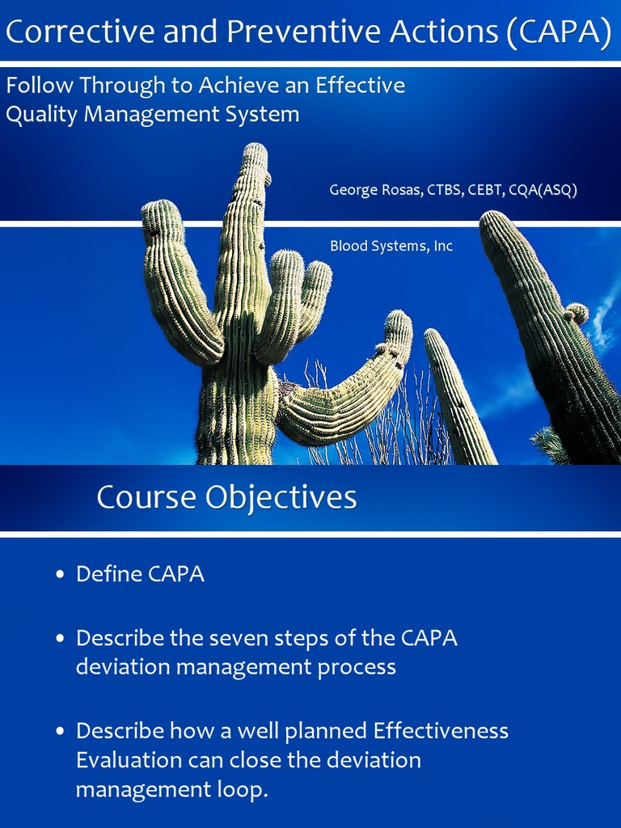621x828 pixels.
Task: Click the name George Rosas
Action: point(369,190)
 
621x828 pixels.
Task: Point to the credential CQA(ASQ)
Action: point(543,190)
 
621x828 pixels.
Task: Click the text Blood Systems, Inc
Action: point(391,246)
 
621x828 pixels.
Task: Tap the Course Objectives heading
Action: point(226,496)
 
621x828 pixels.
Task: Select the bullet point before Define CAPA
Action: point(60,575)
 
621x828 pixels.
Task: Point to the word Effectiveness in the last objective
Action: point(441,731)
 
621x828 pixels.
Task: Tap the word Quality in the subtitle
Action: point(41,114)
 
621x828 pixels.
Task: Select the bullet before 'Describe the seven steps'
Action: point(60,639)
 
